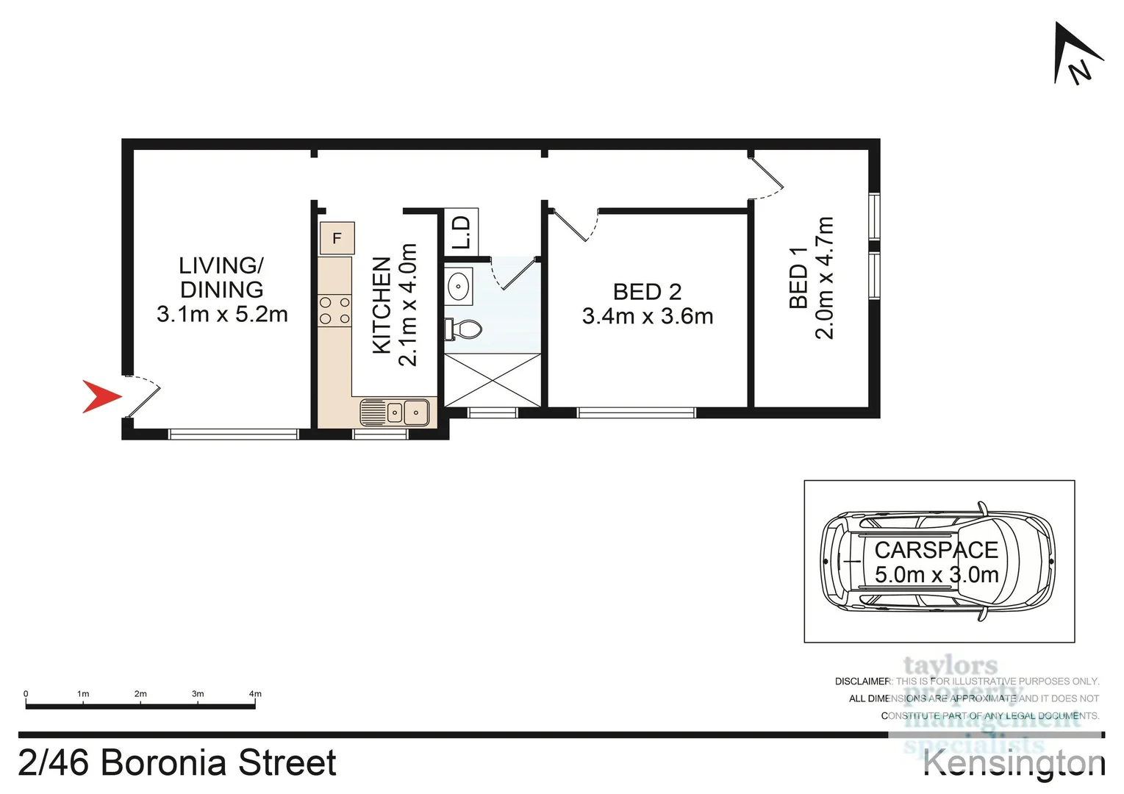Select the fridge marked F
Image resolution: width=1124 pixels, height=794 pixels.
337,238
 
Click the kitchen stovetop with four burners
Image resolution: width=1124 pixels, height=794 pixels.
334,310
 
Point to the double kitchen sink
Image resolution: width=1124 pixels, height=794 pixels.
395,412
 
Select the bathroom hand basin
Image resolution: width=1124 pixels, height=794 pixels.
459,286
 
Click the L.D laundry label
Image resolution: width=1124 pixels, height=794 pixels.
461,232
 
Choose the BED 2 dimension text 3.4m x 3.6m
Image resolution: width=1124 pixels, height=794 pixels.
647,316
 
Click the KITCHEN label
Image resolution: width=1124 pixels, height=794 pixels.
382,304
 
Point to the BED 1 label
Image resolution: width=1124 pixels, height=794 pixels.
798,277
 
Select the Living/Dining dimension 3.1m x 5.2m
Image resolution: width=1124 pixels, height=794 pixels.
222,315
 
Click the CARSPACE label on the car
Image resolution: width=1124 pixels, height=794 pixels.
936,550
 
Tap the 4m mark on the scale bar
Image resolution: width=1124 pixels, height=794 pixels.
255,694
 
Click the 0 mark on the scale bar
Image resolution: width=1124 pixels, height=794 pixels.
26,694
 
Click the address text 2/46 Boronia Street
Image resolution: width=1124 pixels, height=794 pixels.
177,762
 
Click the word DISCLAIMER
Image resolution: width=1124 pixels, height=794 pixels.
862,682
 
